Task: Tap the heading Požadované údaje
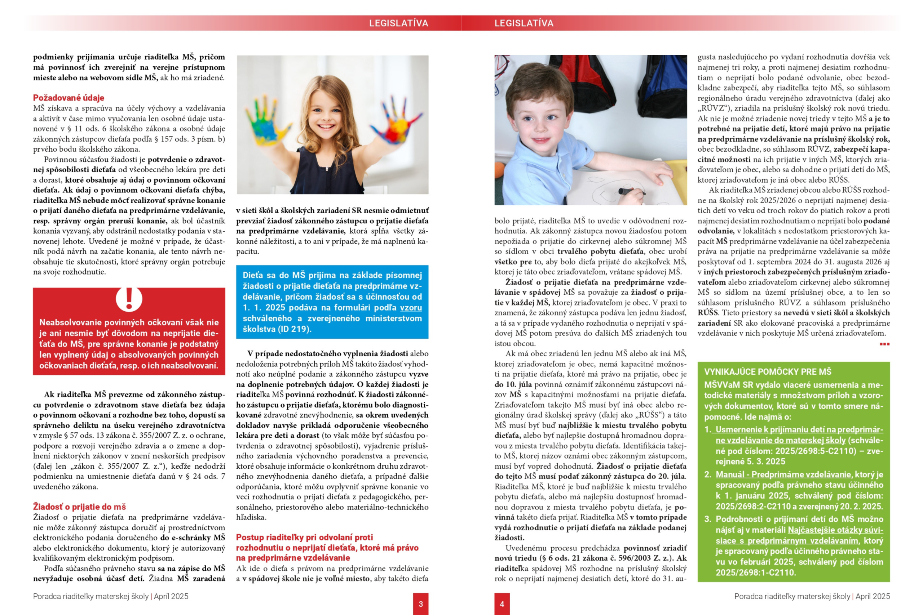(69, 98)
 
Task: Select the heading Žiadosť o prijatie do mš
(79, 506)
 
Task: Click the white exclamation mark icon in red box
(129, 299)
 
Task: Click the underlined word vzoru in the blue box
(411, 308)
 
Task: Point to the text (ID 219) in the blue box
(294, 329)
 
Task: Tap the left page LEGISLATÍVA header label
(398, 23)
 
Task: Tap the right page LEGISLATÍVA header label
(524, 23)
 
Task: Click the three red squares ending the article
(884, 344)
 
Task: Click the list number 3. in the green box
(707, 519)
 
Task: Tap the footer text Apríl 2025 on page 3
(171, 596)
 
